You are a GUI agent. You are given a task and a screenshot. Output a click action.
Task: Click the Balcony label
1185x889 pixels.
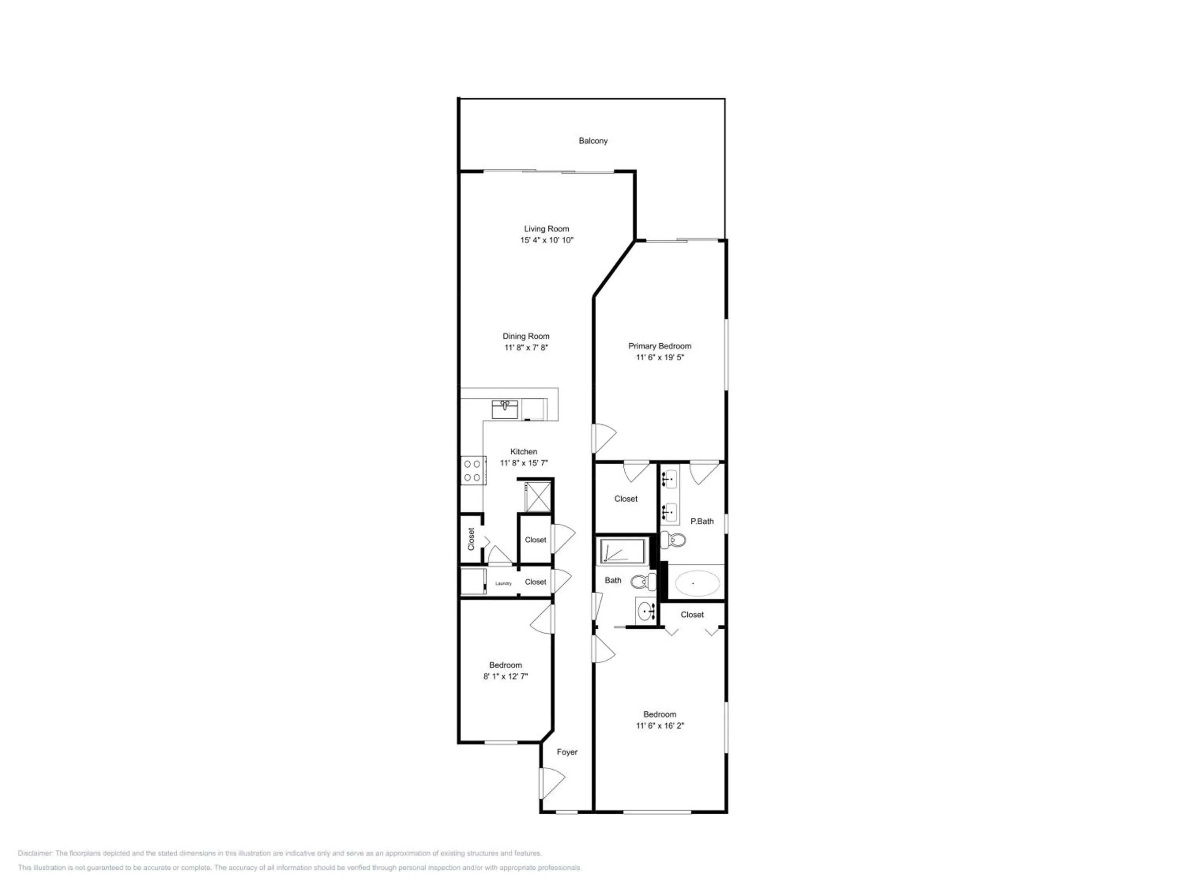pos(592,141)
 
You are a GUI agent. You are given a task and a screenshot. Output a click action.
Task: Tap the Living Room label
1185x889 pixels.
pos(546,229)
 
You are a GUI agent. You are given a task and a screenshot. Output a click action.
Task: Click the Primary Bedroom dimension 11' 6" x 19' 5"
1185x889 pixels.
pos(660,358)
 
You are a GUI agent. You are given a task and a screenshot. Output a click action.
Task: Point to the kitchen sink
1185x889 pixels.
pos(505,409)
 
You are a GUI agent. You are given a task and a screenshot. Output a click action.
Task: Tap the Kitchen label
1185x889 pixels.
pos(523,452)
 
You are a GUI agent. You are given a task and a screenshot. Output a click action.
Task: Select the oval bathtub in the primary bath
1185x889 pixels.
pos(696,583)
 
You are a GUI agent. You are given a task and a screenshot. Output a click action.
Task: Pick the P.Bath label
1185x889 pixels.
pos(702,521)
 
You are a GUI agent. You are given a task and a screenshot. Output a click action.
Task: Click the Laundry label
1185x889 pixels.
pos(503,584)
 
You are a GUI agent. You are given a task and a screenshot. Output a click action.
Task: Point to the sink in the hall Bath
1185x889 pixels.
pos(647,610)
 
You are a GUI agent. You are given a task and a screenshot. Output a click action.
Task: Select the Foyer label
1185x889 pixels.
pos(567,752)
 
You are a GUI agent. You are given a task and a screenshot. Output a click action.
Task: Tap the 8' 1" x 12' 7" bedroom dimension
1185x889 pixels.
pos(505,677)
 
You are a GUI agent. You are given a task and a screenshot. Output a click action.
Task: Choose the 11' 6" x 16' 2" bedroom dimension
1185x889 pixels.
pos(660,726)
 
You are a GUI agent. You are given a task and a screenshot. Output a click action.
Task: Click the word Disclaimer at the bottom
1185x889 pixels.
pos(35,853)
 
